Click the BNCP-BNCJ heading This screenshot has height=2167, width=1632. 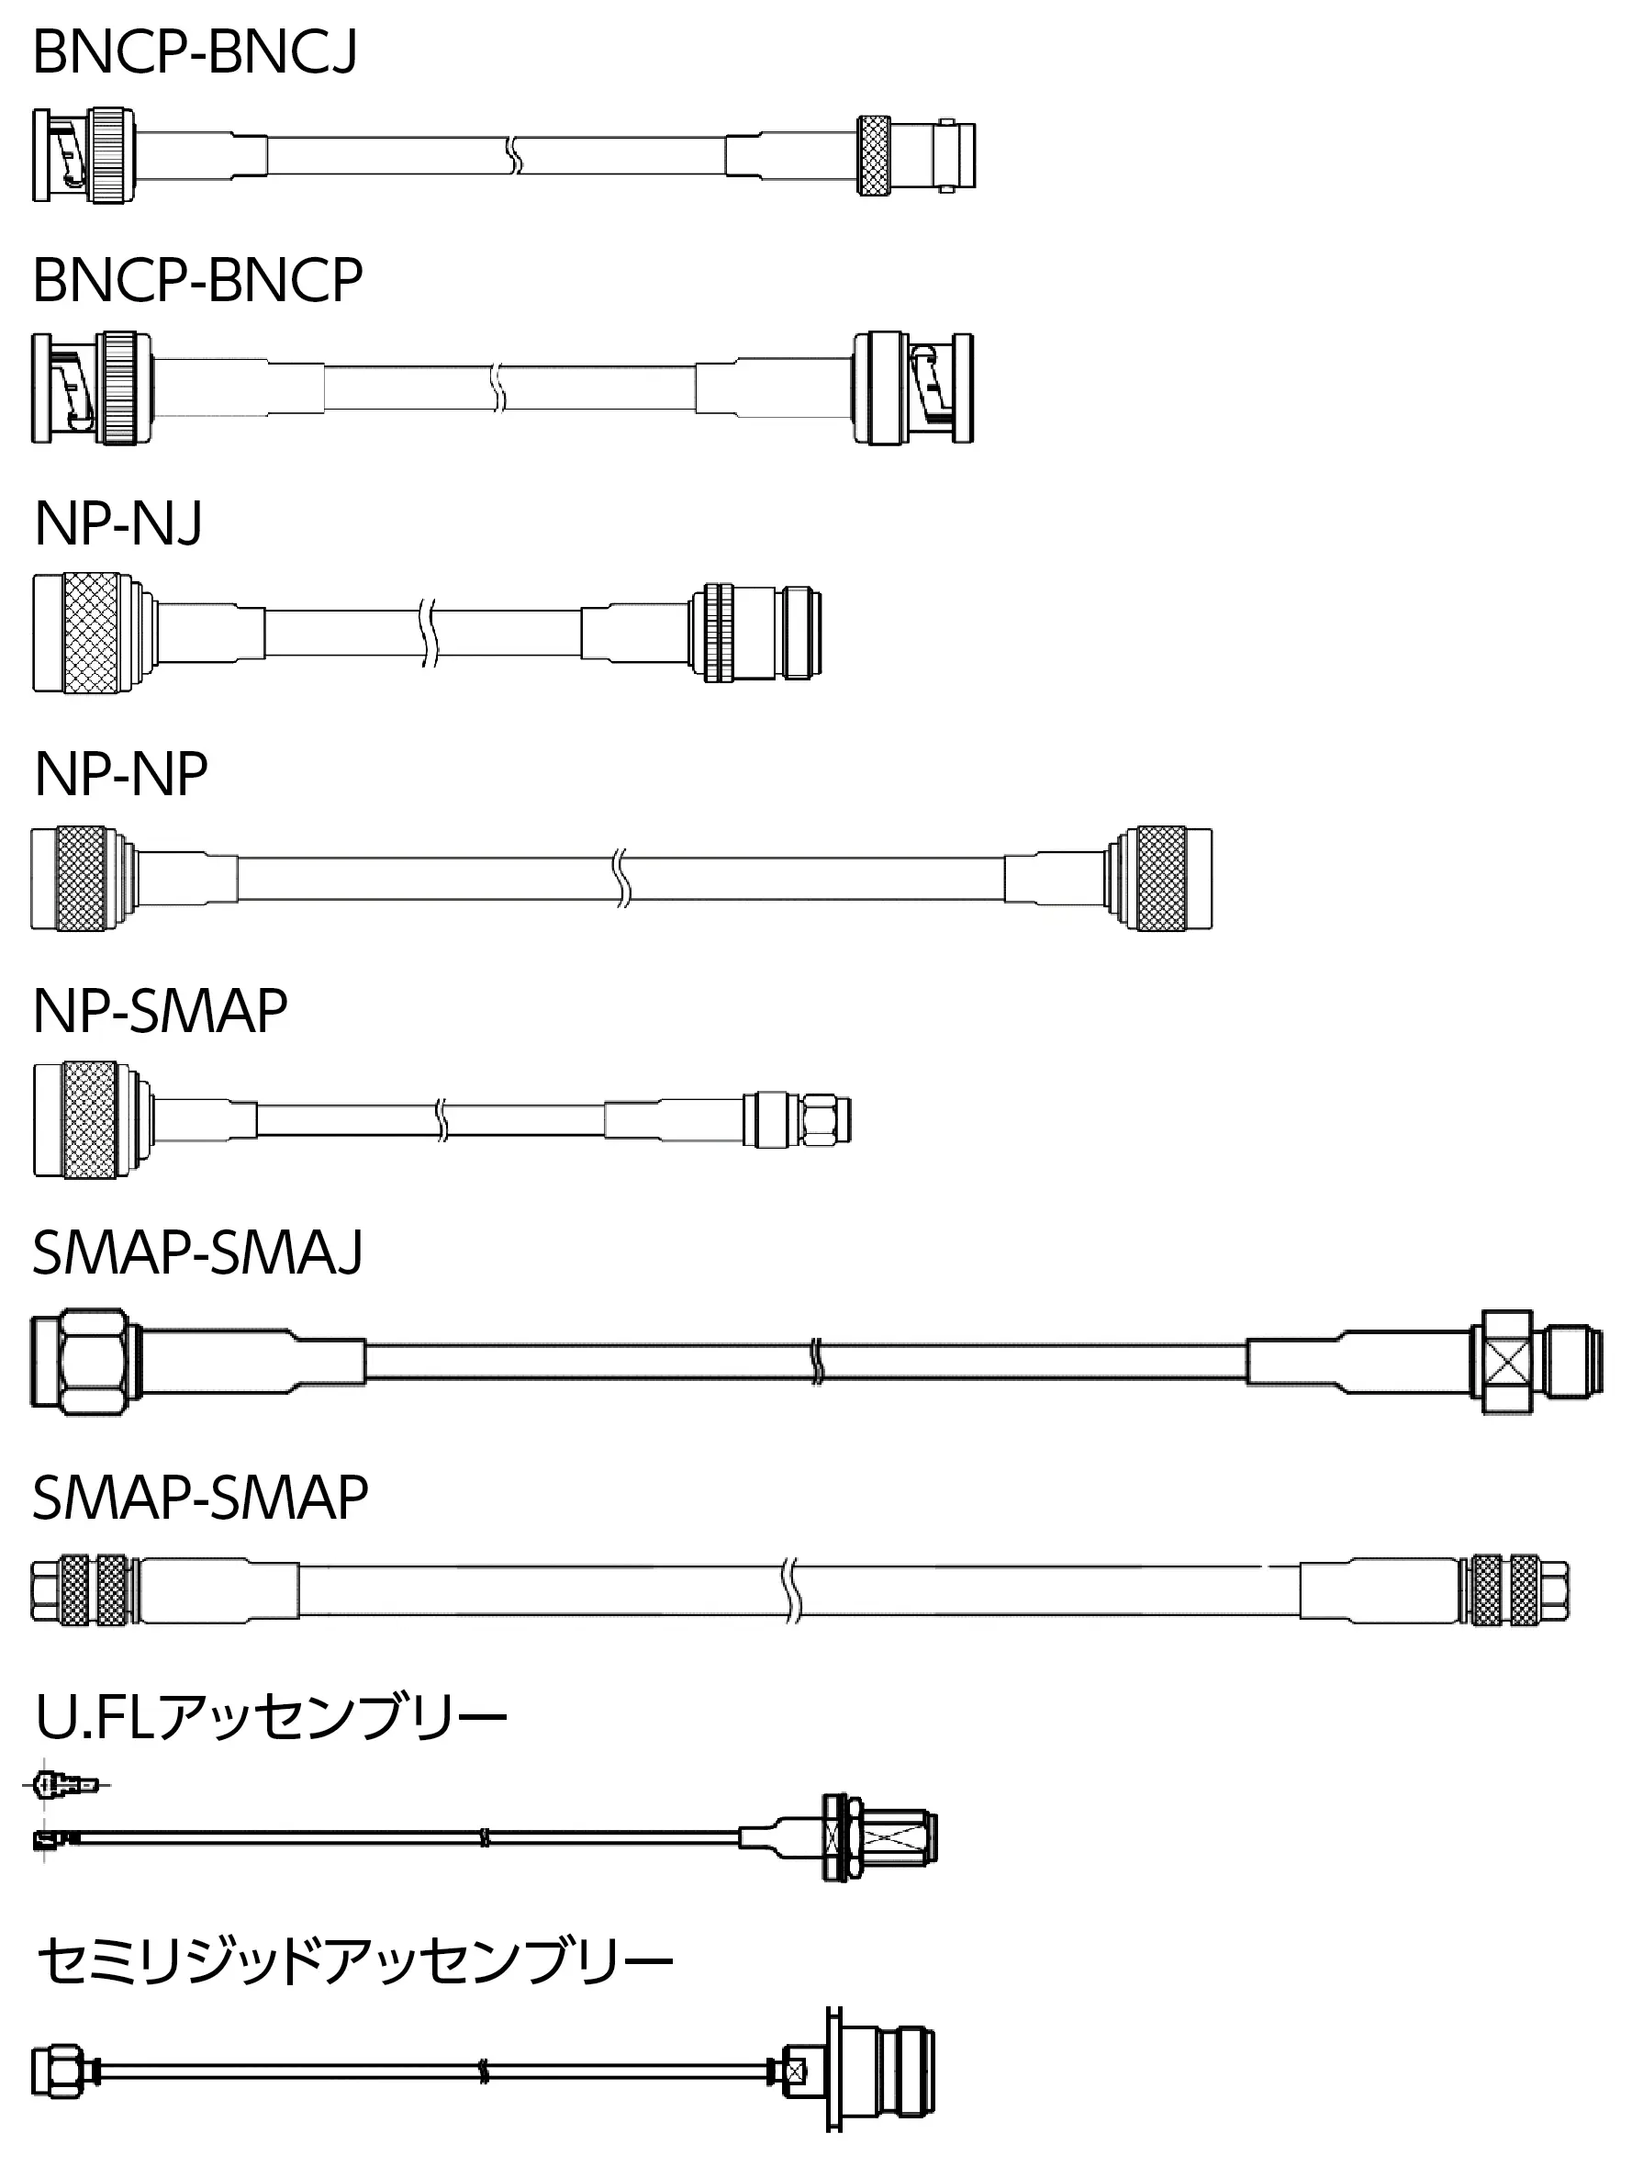[195, 52]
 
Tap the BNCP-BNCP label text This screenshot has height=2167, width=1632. [198, 280]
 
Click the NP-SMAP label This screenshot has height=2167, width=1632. [161, 1011]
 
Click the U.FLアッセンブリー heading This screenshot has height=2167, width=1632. [272, 1744]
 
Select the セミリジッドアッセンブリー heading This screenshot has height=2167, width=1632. [354, 1961]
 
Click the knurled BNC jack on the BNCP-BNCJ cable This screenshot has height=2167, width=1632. [916, 155]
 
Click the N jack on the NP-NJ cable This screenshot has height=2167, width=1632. [755, 633]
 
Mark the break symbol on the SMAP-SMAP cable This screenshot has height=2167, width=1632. [792, 1590]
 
